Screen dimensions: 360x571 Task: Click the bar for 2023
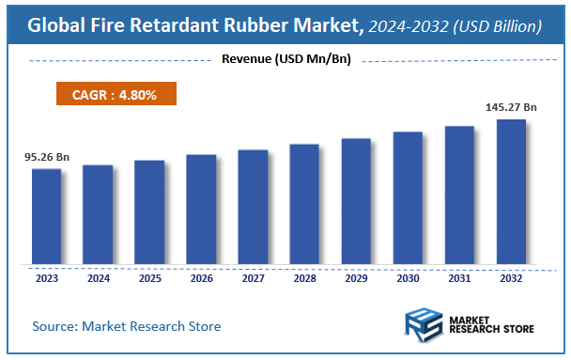coord(46,216)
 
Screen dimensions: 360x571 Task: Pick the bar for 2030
coord(408,198)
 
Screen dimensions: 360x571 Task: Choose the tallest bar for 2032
coord(511,192)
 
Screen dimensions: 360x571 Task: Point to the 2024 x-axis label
coord(98,277)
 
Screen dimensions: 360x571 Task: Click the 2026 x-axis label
coord(201,277)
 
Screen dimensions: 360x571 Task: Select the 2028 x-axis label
coord(304,277)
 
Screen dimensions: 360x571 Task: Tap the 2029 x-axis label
coord(356,277)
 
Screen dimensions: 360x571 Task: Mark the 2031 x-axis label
coord(459,277)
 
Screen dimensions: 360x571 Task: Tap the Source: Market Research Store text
coord(127,326)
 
